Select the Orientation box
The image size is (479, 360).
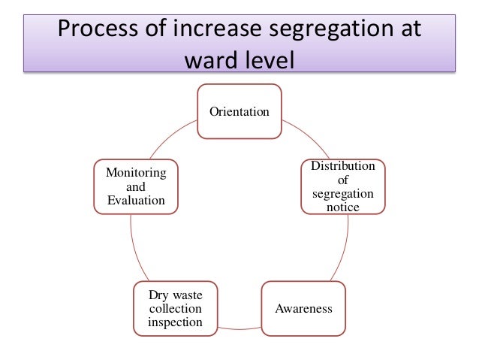239,111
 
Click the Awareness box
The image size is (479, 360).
303,309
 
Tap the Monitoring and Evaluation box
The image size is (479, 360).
136,186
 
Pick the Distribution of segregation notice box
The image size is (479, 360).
343,186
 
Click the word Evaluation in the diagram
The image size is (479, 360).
136,199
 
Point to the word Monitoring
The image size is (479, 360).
136,173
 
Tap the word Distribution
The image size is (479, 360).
343,166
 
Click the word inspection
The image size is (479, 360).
175,322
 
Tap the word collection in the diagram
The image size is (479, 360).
175,309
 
